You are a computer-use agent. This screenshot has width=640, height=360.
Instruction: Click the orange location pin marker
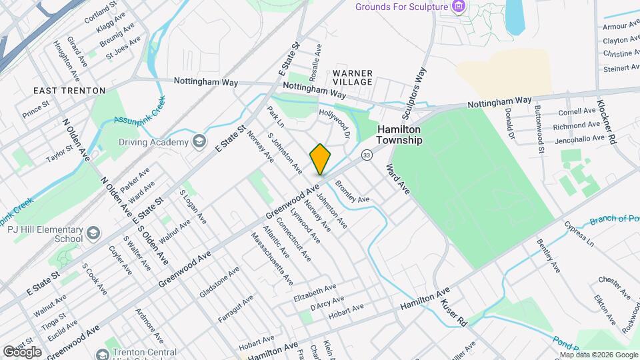(321, 159)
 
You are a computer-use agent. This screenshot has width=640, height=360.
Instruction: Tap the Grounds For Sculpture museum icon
(457, 7)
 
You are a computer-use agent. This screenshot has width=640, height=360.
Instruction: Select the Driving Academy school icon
(199, 141)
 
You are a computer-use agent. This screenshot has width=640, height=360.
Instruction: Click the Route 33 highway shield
(367, 155)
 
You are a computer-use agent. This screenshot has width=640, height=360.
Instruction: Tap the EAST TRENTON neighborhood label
(70, 90)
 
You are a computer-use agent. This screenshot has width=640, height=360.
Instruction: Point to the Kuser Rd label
(453, 312)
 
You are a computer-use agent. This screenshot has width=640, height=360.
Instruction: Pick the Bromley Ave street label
(352, 191)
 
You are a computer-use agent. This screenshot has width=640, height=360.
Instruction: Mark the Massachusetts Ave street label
(271, 259)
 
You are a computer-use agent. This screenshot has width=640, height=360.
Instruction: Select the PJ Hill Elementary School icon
(93, 233)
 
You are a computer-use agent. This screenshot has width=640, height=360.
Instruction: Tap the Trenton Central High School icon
(101, 353)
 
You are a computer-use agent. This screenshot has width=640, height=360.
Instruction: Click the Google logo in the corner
(22, 351)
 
